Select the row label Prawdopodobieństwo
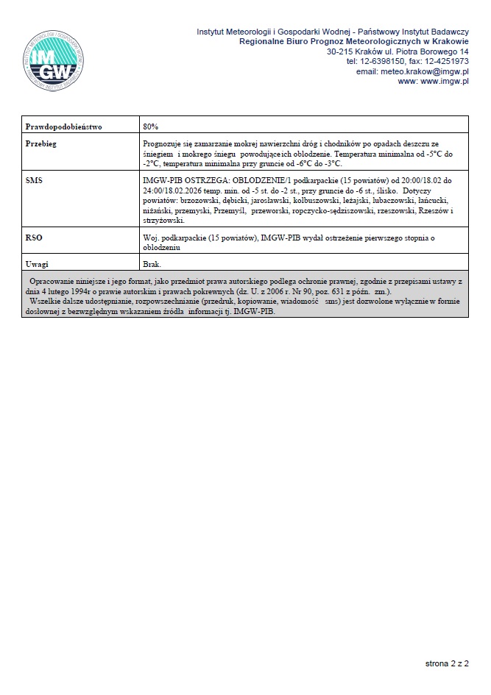tap(63, 126)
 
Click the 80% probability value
tap(150, 126)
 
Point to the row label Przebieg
tap(41, 144)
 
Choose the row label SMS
tap(34, 180)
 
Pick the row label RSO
tap(34, 238)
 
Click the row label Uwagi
tap(37, 263)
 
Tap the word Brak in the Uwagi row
tap(151, 263)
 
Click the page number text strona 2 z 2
tap(447, 663)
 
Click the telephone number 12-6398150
tap(381, 62)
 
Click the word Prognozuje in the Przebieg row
tap(161, 144)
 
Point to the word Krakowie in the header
tap(448, 43)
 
